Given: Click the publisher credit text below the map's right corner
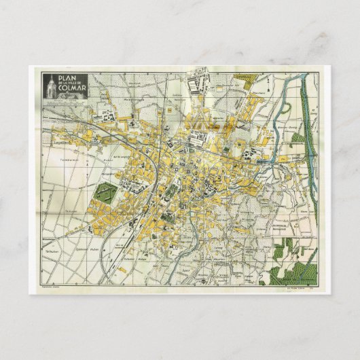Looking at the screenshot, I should tap(285, 290).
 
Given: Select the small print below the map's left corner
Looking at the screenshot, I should tap(52, 289).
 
